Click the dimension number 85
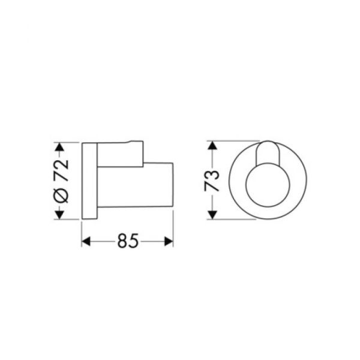(x=127, y=241)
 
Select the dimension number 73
(x=212, y=180)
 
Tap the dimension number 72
(x=61, y=170)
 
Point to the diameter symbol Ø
(x=61, y=194)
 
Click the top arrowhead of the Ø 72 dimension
(x=59, y=146)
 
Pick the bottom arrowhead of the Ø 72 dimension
(x=59, y=215)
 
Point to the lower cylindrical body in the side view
(x=135, y=186)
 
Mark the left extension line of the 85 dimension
(x=82, y=231)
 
